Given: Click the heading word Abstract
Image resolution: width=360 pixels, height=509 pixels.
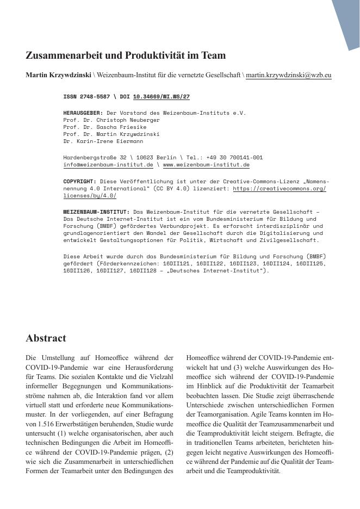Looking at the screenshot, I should pos(46,338).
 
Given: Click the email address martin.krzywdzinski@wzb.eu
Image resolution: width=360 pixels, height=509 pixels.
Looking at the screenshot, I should pos(288,75).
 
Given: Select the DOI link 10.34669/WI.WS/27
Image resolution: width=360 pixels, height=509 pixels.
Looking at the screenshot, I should pos(161,96).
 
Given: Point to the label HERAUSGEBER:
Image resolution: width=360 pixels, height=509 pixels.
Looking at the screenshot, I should pos(83,113).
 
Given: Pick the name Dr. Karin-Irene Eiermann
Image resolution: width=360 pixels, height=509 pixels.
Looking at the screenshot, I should pos(103,141).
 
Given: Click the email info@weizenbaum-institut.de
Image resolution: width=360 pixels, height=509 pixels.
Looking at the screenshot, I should pos(108,164).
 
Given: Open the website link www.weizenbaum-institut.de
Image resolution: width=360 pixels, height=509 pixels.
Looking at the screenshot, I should pos(206,164).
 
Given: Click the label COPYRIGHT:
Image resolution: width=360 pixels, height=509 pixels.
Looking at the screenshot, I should pos(79,181).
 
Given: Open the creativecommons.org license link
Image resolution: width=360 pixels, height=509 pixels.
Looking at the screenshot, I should pos(279,188).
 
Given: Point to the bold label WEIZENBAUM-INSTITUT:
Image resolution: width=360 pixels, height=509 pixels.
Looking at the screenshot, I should pos(96,212).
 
